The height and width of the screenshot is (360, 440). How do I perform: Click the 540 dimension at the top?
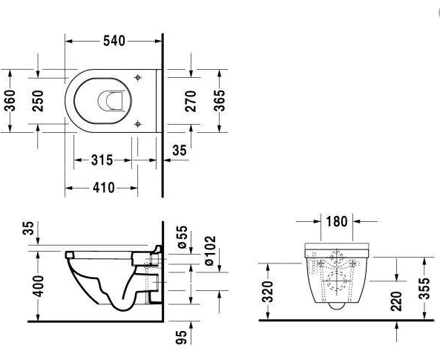point(114,41)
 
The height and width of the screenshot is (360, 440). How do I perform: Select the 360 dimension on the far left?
point(10,100)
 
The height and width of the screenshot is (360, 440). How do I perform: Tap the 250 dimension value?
point(38,101)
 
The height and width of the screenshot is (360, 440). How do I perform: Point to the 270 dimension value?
point(191,101)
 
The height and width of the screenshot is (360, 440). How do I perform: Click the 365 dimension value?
point(220,101)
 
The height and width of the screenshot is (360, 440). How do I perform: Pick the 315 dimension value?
point(102,160)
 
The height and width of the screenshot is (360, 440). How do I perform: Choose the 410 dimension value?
point(104,188)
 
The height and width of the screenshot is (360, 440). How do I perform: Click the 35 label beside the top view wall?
point(180,150)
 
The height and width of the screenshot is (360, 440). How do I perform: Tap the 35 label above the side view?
point(29,228)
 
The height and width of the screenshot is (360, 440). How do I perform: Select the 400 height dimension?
point(39,287)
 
